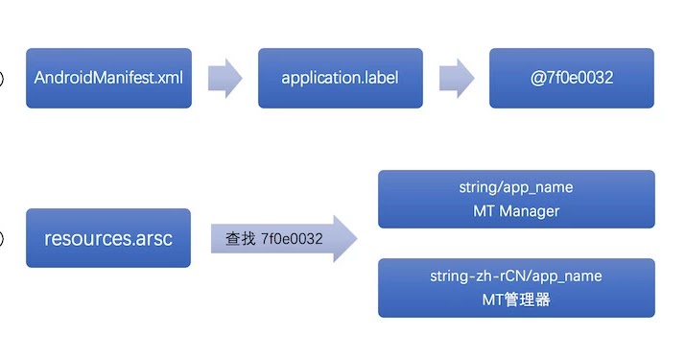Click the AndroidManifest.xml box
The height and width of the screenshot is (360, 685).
(108, 78)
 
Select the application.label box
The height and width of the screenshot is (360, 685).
(340, 78)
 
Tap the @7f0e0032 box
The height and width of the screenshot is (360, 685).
(571, 78)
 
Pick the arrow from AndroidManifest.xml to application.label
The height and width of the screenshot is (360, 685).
(224, 78)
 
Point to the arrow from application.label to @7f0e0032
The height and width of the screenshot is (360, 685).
(456, 78)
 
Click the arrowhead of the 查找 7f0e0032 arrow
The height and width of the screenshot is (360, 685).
(342, 238)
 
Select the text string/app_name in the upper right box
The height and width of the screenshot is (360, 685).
(516, 188)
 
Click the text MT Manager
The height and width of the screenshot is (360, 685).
(516, 210)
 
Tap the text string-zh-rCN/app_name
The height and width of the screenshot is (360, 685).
(516, 276)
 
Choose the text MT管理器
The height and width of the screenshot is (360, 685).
(516, 300)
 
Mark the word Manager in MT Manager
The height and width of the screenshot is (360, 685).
(530, 210)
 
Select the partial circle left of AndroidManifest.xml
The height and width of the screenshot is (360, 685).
(2, 78)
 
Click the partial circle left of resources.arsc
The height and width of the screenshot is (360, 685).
(2, 238)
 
